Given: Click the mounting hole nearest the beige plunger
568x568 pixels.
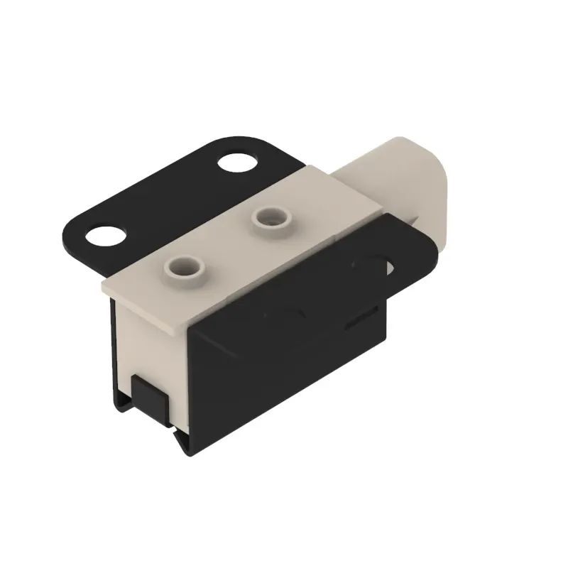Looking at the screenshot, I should click(x=237, y=162).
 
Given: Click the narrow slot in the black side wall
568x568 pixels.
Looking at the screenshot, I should click(x=363, y=318).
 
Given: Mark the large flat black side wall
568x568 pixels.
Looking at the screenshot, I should click(x=284, y=369).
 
